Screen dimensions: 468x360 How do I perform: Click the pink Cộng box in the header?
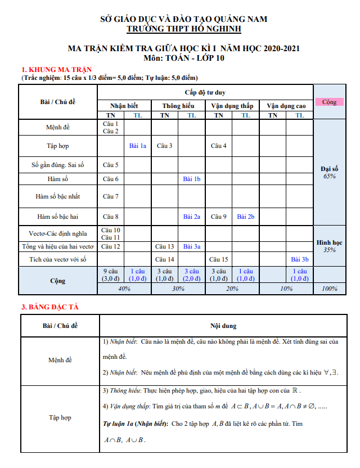coord(329,102)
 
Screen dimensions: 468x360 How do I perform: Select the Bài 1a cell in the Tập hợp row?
coord(137,146)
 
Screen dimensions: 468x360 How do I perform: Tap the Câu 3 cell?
coord(164,146)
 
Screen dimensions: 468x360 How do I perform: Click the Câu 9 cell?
coord(219,216)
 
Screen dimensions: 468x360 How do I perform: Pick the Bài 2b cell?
coord(246,216)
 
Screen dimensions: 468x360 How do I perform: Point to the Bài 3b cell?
coord(300,259)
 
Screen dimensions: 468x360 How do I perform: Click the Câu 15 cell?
coord(219,259)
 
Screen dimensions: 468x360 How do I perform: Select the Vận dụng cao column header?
coord(286,106)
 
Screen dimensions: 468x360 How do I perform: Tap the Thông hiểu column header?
coord(178,106)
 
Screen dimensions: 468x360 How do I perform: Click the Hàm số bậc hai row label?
coord(58,216)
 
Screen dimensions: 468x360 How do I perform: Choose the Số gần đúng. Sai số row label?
coord(58,165)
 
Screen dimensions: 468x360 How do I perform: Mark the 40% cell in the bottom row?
coord(124,289)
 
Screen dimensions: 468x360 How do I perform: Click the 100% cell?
coord(329,289)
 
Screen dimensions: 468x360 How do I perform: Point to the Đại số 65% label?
coord(330,172)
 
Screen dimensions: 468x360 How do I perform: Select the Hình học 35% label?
coord(330,246)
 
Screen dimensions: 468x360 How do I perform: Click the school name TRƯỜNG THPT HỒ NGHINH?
coord(183,29)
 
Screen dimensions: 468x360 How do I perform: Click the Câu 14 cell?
coord(164,259)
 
